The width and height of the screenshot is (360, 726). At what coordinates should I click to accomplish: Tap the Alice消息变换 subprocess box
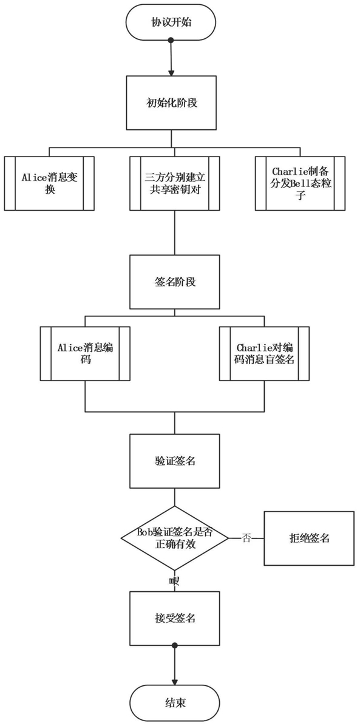(x=49, y=183)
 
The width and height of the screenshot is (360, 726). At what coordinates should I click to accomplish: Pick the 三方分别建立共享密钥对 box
(x=174, y=183)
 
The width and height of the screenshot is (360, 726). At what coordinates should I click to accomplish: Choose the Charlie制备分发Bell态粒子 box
(x=300, y=183)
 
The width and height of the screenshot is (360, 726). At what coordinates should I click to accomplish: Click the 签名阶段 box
(x=174, y=282)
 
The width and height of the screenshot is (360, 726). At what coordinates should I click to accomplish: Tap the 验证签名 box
(x=174, y=461)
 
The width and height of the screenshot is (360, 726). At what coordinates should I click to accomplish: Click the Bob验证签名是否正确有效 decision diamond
(x=175, y=538)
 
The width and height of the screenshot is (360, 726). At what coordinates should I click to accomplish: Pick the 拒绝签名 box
(x=308, y=538)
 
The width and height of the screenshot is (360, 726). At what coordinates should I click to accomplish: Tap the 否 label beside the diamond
(x=246, y=538)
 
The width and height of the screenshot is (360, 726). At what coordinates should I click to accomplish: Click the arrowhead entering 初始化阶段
(x=172, y=73)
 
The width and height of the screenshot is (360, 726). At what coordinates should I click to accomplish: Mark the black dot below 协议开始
(x=171, y=41)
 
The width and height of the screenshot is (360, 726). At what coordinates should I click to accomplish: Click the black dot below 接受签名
(x=175, y=645)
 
